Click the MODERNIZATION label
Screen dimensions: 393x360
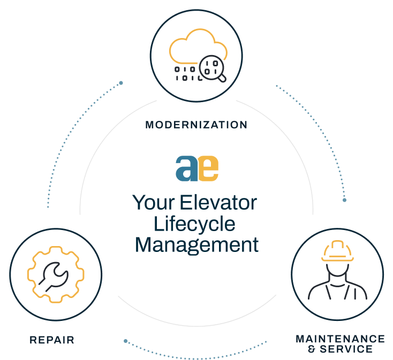tap(196, 125)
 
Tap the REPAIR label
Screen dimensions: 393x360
tap(52, 340)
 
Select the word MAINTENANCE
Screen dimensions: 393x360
tap(340, 339)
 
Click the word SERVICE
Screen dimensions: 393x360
tap(346, 349)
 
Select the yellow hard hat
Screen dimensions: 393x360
tap(337, 251)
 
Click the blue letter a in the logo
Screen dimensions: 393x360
tap(187, 168)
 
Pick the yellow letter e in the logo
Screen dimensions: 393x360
tap(208, 168)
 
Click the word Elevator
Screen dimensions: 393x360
tap(218, 203)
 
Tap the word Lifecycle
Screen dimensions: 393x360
tap(194, 224)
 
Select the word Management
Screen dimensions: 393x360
tap(196, 246)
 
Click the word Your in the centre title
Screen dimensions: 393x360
tap(153, 203)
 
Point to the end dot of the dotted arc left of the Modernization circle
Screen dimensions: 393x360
tap(121, 83)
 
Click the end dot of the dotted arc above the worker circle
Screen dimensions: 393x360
tap(344, 200)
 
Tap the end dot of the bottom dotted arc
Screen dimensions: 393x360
tap(126, 341)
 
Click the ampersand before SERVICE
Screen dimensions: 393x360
tap(312, 349)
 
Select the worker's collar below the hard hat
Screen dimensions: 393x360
tap(337, 285)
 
